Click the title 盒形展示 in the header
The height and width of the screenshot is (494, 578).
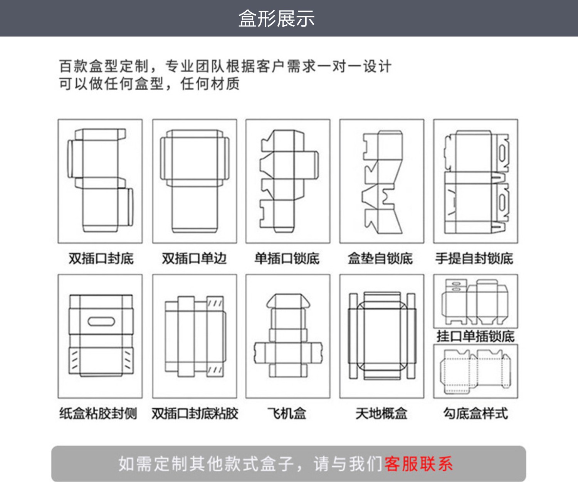coord(276,19)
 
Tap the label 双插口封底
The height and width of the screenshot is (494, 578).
coord(101,258)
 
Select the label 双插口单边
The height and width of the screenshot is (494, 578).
coord(194,258)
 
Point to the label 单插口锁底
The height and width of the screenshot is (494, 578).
coord(287,258)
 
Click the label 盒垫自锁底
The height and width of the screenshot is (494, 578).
coord(380,258)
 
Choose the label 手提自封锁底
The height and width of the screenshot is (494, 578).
coord(474,258)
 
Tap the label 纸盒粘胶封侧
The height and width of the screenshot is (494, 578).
coord(98,413)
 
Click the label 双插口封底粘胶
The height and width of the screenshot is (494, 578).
coord(195,413)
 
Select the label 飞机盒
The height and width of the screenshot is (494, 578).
coord(287,413)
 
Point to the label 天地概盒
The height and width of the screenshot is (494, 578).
coord(381,413)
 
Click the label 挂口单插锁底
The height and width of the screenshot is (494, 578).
coord(476,336)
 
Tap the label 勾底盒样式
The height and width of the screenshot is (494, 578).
coord(476,413)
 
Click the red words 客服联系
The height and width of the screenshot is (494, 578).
coord(418,464)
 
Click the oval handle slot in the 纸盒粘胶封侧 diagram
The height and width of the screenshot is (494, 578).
coord(101,321)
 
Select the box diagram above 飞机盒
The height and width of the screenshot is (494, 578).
coord(288,336)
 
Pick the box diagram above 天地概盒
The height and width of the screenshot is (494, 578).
coord(381,336)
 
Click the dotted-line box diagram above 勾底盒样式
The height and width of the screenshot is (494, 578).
coord(476,371)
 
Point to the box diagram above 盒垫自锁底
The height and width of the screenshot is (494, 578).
coord(381,181)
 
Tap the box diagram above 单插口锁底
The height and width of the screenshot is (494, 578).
coord(288,181)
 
